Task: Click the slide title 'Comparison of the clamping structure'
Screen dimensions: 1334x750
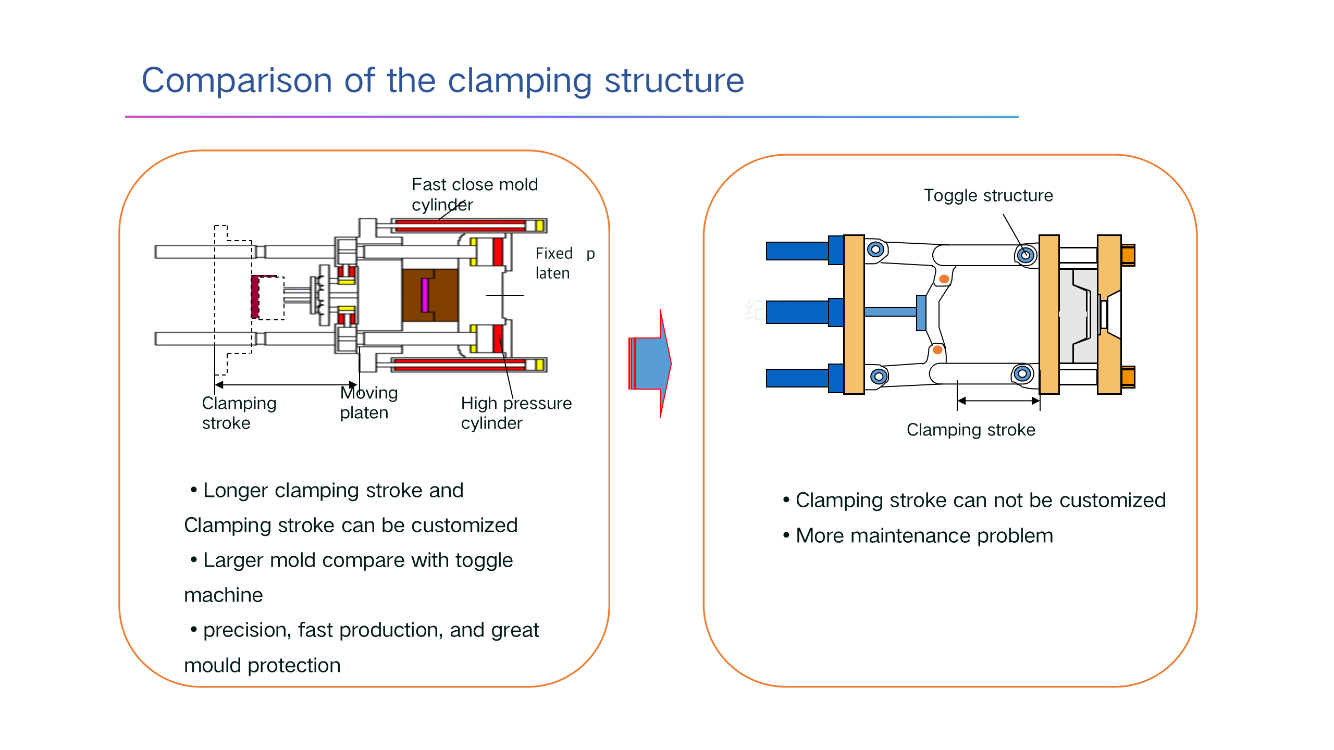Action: tap(443, 81)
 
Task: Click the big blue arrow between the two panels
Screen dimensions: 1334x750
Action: tap(650, 363)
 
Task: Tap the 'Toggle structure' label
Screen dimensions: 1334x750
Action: tap(989, 195)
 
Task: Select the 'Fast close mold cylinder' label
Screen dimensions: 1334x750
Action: tap(475, 194)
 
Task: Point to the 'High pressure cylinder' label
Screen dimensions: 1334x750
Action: tap(516, 413)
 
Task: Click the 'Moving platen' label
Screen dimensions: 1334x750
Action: tap(369, 402)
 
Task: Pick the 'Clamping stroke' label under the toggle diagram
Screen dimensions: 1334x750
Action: tap(971, 430)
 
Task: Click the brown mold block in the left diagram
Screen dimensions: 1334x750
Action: tap(430, 295)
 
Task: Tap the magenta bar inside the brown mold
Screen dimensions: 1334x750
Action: tap(425, 295)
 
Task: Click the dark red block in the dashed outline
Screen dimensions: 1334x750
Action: tap(255, 297)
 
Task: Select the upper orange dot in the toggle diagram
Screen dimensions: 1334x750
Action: tap(944, 279)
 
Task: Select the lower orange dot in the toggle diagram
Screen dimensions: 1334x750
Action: tap(937, 350)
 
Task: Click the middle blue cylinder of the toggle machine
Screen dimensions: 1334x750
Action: tap(805, 312)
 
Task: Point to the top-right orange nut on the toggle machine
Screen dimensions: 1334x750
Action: tap(1128, 255)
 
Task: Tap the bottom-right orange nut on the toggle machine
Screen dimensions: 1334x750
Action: tap(1128, 377)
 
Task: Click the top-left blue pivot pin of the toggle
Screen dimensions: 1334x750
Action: tap(875, 249)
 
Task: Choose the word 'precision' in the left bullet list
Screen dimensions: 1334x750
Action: tap(247, 630)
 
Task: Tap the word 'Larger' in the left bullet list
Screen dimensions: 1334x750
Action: tap(233, 561)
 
